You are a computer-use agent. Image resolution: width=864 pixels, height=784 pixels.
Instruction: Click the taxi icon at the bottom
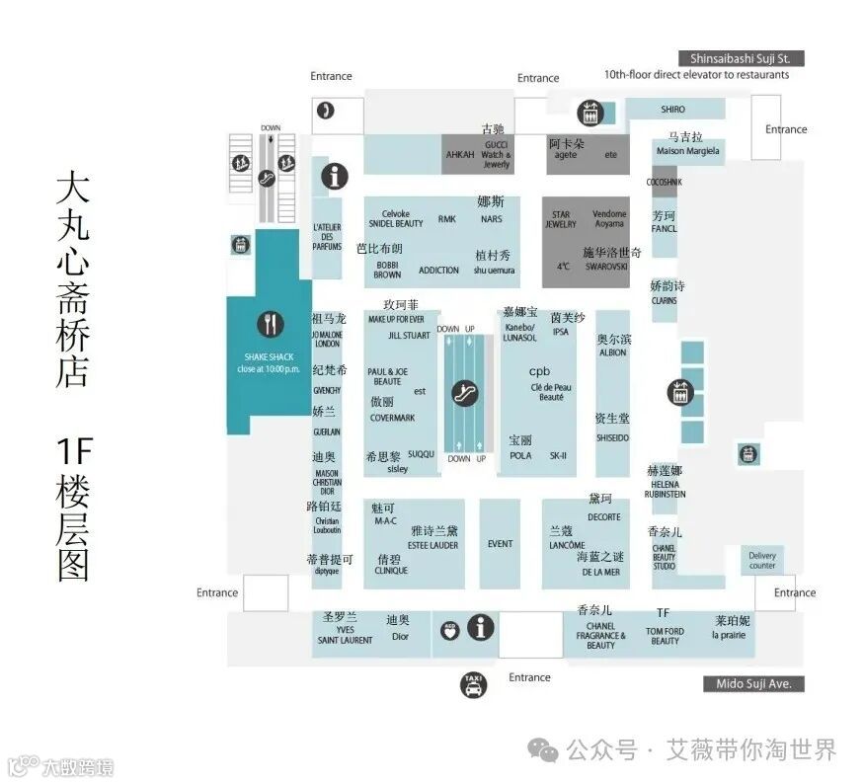coord(475,683)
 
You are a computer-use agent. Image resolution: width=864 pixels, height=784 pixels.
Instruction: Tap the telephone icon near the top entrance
coord(325,111)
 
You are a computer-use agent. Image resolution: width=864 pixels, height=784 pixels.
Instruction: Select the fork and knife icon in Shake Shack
coord(270,323)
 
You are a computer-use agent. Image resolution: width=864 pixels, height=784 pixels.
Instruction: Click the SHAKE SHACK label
coord(269,356)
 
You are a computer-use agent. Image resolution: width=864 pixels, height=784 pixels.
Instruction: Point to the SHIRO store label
coord(672,110)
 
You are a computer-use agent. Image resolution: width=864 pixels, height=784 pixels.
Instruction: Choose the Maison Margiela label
coord(687,151)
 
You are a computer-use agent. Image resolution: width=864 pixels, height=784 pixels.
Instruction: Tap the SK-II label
coord(557,455)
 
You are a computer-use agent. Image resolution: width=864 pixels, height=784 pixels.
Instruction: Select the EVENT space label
coord(500,544)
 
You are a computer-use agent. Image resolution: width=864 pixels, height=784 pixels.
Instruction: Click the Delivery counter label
coord(762,561)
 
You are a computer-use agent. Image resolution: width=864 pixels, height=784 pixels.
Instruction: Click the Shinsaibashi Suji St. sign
coord(735,58)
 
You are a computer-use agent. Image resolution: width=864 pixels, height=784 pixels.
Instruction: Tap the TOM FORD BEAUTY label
coord(665,636)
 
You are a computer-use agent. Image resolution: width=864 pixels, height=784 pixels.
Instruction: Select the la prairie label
coord(730,635)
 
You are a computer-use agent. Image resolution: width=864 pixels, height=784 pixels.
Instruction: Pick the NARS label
coord(492,219)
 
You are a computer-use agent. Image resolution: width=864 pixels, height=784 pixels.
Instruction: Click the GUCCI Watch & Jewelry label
coord(496,155)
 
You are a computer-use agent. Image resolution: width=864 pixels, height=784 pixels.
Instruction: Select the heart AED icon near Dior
coord(450,630)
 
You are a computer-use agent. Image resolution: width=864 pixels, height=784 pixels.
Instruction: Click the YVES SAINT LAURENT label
coord(345,635)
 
